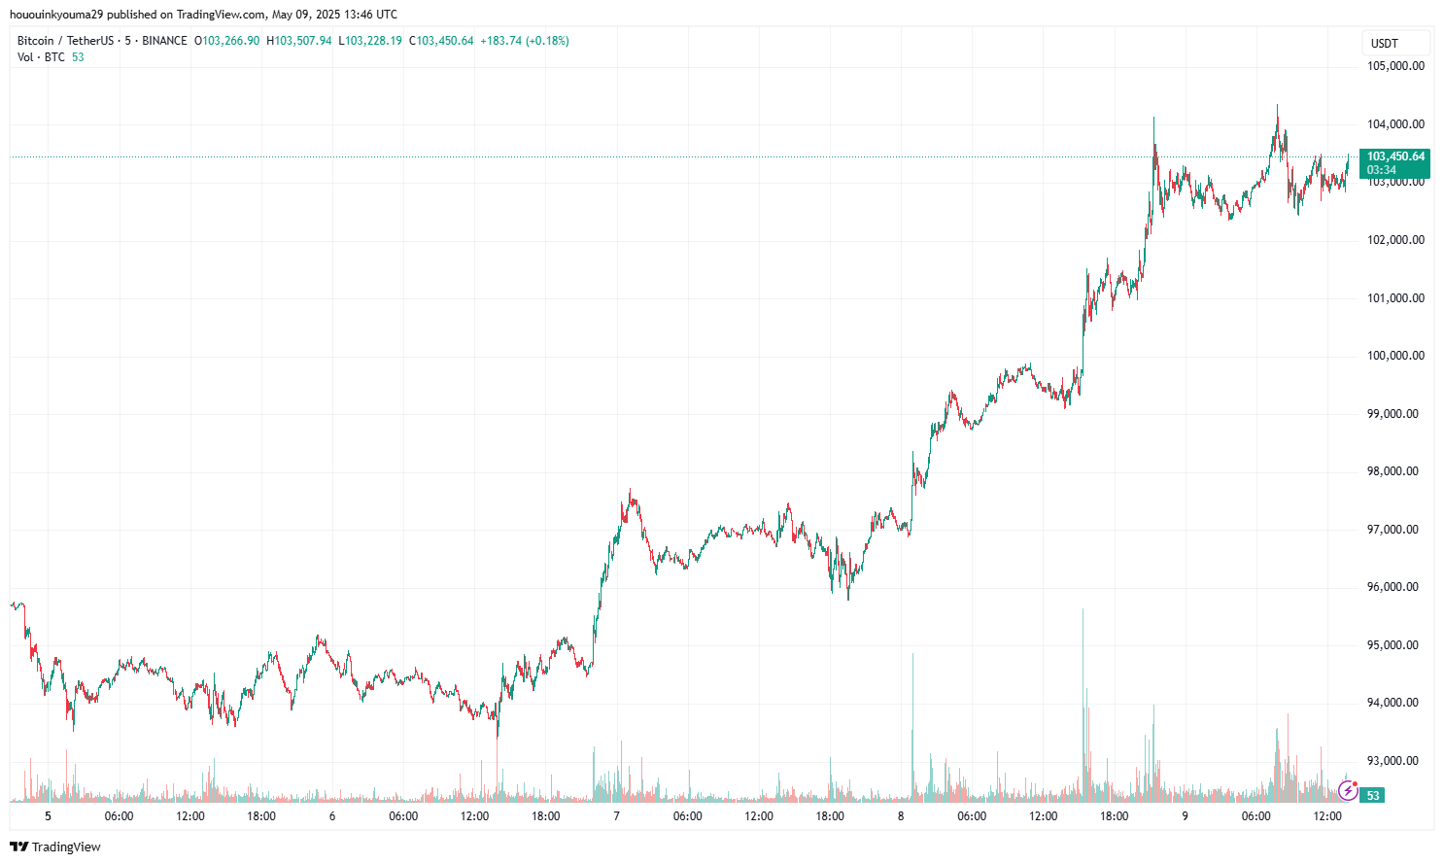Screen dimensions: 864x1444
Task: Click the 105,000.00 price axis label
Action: tap(1395, 66)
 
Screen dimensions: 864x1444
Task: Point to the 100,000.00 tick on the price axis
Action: tap(1395, 356)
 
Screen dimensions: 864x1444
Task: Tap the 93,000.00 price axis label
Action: tap(1395, 761)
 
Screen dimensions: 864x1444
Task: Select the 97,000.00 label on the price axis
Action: tap(1395, 530)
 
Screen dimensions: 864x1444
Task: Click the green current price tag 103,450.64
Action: tap(1395, 156)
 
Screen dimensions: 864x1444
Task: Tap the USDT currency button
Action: tap(1394, 43)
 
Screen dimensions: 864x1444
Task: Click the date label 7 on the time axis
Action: tap(616, 816)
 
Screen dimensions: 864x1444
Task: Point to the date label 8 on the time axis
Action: tap(901, 816)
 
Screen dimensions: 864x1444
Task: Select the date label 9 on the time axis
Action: tap(1185, 816)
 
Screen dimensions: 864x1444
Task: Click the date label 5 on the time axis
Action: tap(48, 816)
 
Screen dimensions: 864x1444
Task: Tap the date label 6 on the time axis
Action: tap(332, 816)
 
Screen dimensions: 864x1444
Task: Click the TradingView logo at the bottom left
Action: tap(55, 847)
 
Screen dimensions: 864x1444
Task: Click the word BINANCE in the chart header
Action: tap(164, 41)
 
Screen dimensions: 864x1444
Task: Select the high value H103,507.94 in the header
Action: tap(299, 41)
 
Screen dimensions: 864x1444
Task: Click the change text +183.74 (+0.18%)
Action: tap(525, 41)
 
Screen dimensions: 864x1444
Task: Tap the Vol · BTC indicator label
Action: tap(41, 57)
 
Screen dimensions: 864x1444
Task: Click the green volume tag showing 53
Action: tap(1373, 795)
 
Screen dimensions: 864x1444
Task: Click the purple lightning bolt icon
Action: tap(1347, 792)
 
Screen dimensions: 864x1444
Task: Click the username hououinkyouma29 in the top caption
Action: tap(55, 15)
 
